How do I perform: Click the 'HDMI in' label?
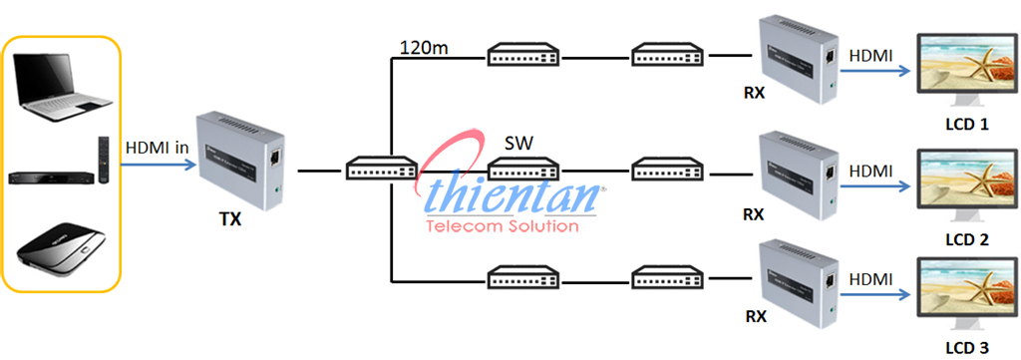point(157,148)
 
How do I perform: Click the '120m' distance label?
point(423,47)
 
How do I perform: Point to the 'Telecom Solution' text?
point(502,225)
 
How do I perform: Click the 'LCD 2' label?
point(968,240)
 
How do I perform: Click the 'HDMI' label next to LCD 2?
point(869,172)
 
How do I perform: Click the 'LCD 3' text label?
point(968,348)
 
